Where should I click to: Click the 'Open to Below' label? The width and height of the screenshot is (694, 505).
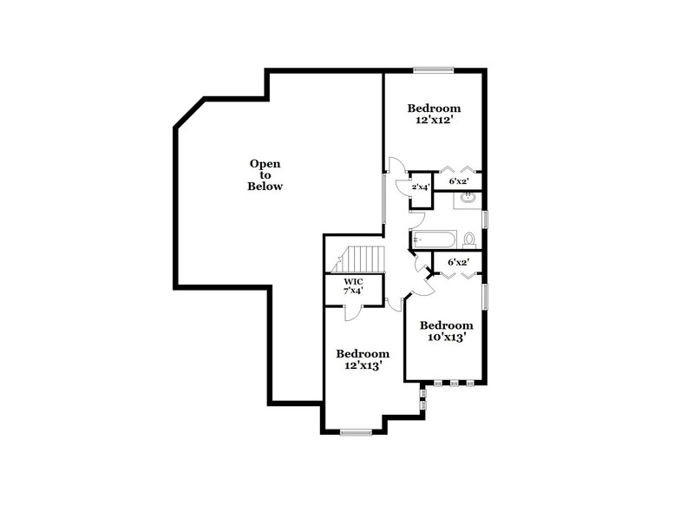pos(265,174)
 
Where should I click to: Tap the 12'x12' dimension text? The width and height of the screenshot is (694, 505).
pos(434,121)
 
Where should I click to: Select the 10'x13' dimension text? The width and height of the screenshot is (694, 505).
pos(446,338)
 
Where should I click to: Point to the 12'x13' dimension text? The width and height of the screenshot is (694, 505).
pos(363,366)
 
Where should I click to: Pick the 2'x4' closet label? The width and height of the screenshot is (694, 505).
pos(421,187)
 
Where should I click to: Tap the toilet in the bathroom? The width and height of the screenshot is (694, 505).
pos(469,238)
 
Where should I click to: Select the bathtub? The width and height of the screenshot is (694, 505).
pos(431,237)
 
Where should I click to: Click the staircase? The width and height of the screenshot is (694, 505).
pos(364,259)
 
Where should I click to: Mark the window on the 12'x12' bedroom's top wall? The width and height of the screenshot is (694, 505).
pos(433,69)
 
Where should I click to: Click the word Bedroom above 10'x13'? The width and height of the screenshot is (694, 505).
pos(446,325)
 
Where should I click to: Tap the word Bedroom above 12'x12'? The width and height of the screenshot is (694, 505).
pos(434,108)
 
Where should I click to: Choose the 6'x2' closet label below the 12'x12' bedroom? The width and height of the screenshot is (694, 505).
pos(459,181)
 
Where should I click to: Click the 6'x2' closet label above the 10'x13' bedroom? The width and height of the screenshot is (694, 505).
pos(458,261)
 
